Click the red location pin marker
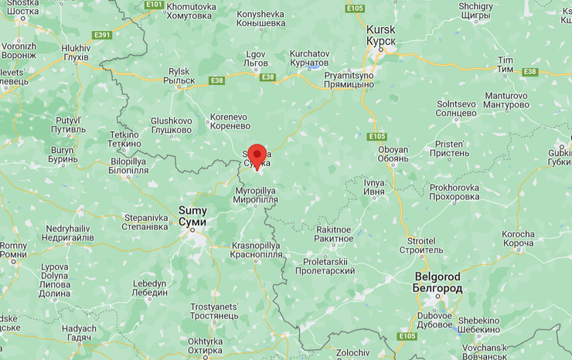pyautogui.click(x=257, y=155)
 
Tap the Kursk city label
pyautogui.click(x=380, y=34)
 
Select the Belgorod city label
pyautogui.click(x=438, y=282)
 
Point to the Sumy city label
pyautogui.click(x=192, y=215)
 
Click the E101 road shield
pyautogui.click(x=154, y=5)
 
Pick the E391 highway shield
pyautogui.click(x=102, y=35)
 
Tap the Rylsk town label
pyautogui.click(x=181, y=76)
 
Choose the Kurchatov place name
pyautogui.click(x=309, y=59)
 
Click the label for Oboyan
pyautogui.click(x=393, y=155)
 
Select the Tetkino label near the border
pyautogui.click(x=124, y=139)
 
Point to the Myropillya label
pyautogui.click(x=255, y=195)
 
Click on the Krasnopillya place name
pyautogui.click(x=256, y=250)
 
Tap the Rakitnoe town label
pyautogui.click(x=334, y=234)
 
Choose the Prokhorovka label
pyautogui.click(x=455, y=192)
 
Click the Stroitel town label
pyautogui.click(x=421, y=245)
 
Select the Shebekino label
pyautogui.click(x=478, y=325)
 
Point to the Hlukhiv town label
pyautogui.click(x=75, y=53)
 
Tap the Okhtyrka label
pyautogui.click(x=205, y=345)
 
